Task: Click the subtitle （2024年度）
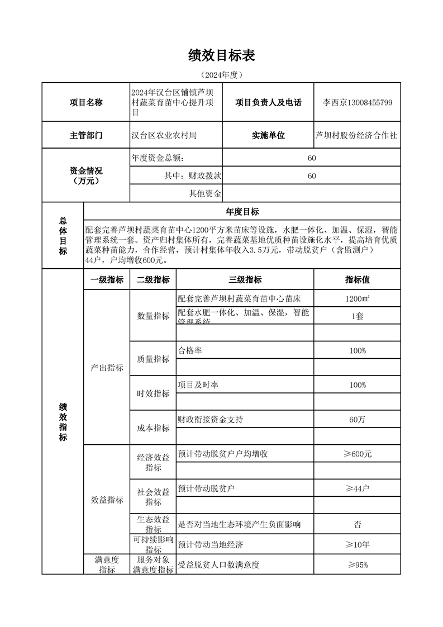click(x=222, y=74)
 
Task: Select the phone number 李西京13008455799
click(x=358, y=102)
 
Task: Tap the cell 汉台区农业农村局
click(x=164, y=135)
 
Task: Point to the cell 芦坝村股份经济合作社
click(x=358, y=135)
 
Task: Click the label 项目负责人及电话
click(x=268, y=102)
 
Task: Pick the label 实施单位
click(x=268, y=135)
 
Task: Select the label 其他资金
click(x=206, y=194)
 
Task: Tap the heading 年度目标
click(x=242, y=211)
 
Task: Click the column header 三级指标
click(x=245, y=279)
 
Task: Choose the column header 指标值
click(x=357, y=279)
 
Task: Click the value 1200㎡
click(x=357, y=298)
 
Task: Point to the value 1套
click(x=357, y=316)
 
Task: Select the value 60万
click(x=357, y=419)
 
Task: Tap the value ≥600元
click(x=357, y=454)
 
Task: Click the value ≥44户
click(x=357, y=488)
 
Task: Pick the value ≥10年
click(x=357, y=544)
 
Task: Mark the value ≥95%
click(x=357, y=564)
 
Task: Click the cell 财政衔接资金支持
click(x=210, y=419)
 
